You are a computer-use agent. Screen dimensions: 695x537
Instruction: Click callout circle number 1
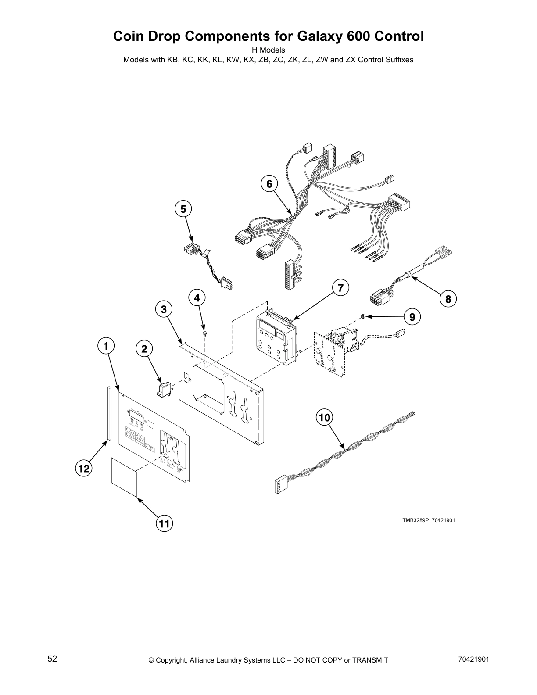click(105, 347)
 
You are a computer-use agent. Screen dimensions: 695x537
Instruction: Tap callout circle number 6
click(269, 184)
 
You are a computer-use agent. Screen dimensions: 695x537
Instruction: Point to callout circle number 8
click(448, 299)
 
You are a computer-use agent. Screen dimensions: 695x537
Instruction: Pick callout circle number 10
click(324, 418)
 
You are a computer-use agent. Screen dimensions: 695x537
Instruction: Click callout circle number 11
click(164, 523)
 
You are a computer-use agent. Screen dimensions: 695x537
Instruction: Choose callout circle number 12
click(83, 469)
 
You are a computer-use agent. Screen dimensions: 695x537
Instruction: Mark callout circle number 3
click(164, 309)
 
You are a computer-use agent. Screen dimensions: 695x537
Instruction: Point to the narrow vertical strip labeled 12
click(108, 412)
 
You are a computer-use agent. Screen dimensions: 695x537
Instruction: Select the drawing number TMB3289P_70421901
click(429, 520)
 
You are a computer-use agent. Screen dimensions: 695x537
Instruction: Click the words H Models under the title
click(268, 50)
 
